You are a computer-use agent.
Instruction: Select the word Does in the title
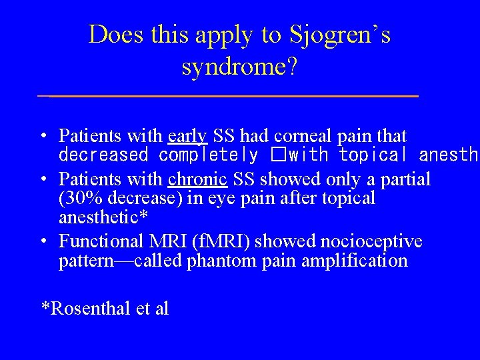(x=111, y=35)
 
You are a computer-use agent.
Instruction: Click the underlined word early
(x=187, y=136)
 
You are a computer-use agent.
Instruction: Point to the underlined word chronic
(x=198, y=179)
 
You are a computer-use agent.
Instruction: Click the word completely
(x=208, y=155)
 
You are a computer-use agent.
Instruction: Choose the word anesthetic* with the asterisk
(x=103, y=217)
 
